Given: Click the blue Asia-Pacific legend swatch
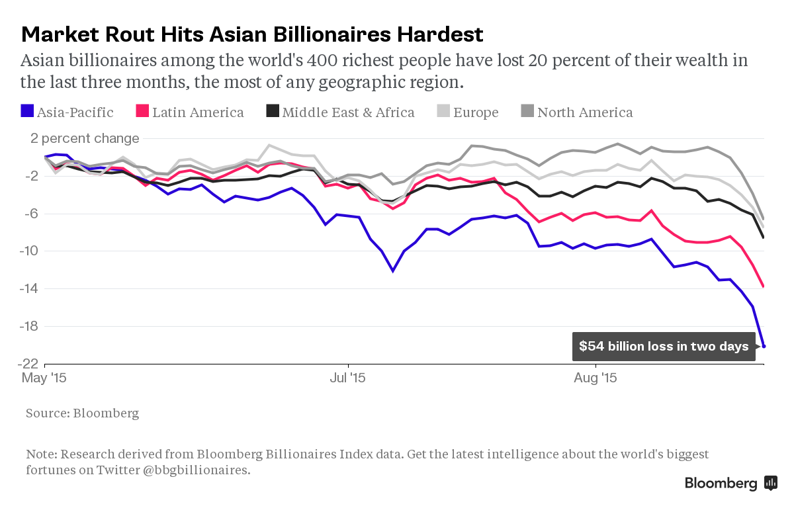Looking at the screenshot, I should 27,112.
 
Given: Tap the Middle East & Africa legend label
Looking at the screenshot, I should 348,112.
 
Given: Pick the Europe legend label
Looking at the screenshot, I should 476,112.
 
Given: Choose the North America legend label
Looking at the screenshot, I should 585,112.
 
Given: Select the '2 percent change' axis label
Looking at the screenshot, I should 84,139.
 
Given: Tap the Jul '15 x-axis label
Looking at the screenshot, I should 347,378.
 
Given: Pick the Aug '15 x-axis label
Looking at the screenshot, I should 595,378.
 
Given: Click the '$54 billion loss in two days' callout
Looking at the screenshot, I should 664,346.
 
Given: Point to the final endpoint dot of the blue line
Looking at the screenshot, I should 764,346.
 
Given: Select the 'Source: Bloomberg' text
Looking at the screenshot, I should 83,413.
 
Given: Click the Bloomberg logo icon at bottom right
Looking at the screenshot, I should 770,483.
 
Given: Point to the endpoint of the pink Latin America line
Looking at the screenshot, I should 764,286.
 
